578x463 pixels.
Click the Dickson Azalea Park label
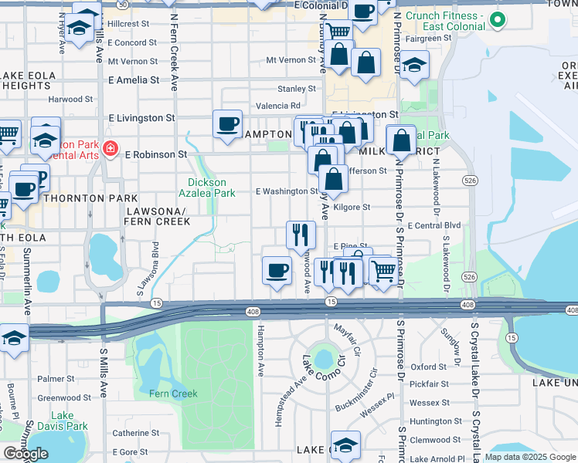(x=207, y=188)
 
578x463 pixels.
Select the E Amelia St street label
(x=134, y=79)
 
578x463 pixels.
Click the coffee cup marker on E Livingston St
(x=228, y=124)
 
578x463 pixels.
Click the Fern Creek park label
(x=174, y=394)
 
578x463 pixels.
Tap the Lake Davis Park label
(x=63, y=421)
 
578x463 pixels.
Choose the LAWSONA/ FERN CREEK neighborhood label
(x=157, y=215)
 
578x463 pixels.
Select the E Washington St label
(x=287, y=191)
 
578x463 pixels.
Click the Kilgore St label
(x=355, y=207)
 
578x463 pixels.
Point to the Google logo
(x=25, y=454)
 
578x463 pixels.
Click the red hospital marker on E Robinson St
(x=110, y=148)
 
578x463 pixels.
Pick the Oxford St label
(x=430, y=367)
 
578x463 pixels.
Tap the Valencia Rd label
(x=278, y=106)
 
